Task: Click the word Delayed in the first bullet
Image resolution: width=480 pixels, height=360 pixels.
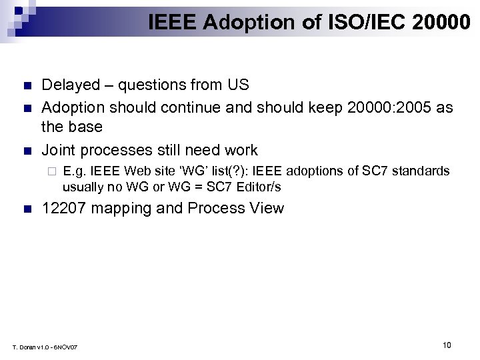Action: (68, 85)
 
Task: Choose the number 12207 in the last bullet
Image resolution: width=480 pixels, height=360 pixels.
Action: (64, 208)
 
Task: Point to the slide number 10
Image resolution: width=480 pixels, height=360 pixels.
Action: (447, 345)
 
